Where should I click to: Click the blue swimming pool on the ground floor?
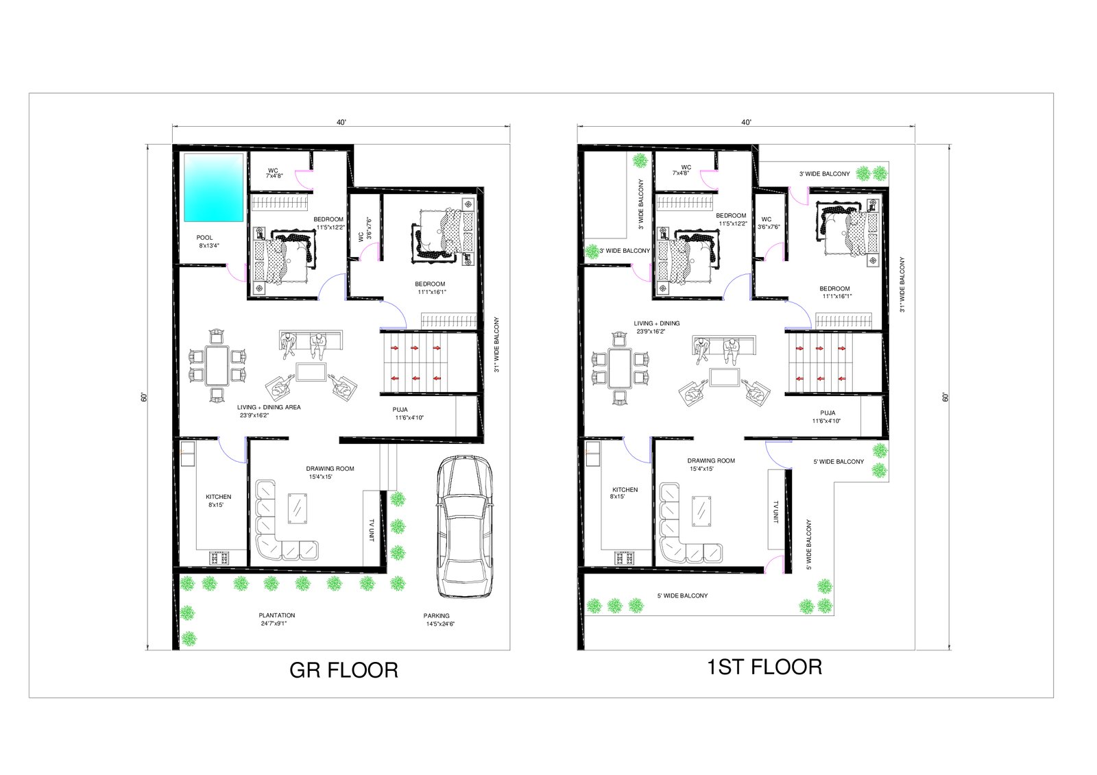coord(213,188)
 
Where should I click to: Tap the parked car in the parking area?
coord(464,526)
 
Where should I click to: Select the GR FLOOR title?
coord(343,670)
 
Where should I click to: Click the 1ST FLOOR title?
coord(764,667)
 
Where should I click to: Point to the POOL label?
coord(205,238)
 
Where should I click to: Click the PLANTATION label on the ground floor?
coord(277,615)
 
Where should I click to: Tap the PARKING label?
coord(436,616)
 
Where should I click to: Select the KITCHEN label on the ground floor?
coord(219,497)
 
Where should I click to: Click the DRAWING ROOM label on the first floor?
coord(711,460)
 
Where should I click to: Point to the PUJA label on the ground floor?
coord(400,410)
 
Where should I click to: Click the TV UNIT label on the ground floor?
coord(371,530)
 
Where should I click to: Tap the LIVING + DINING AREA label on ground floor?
coord(269,407)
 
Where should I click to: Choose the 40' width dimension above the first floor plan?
coord(746,123)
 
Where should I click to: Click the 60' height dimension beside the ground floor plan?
coord(144,397)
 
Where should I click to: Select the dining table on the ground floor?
coord(217,366)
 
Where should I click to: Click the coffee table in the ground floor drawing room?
coord(298,509)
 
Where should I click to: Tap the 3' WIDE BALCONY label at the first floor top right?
coord(825,174)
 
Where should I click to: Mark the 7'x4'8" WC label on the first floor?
coord(681,173)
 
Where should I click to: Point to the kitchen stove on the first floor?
coord(625,558)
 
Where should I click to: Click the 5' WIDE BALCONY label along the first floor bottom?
coord(682,596)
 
